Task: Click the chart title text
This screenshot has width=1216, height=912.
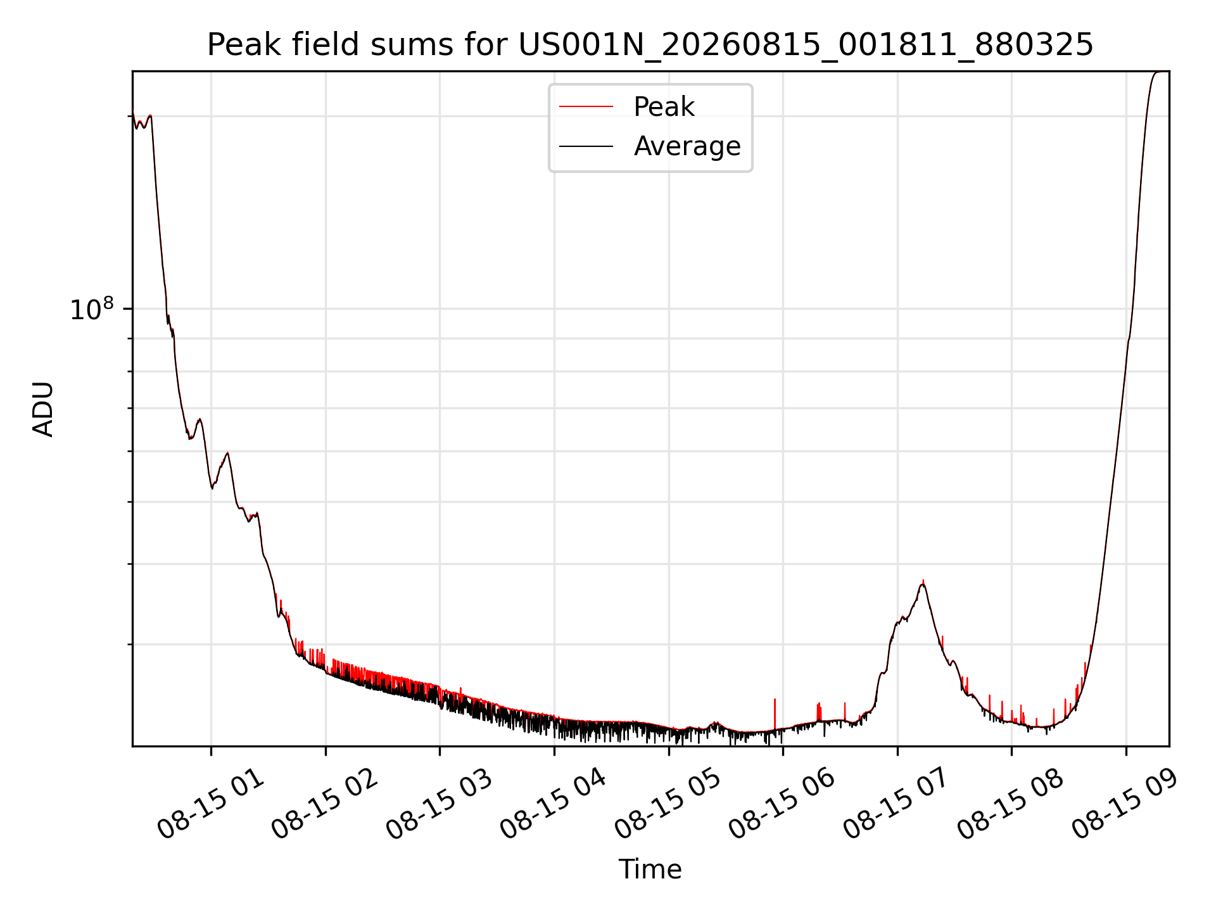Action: pyautogui.click(x=650, y=45)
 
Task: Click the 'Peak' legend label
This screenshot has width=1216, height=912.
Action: pyautogui.click(x=664, y=107)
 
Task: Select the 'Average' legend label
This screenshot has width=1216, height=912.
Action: pyautogui.click(x=687, y=146)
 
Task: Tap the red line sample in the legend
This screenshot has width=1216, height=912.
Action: pyautogui.click(x=586, y=107)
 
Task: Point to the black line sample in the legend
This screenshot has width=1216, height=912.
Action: pyautogui.click(x=586, y=146)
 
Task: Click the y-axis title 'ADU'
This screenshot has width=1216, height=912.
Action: pyautogui.click(x=43, y=409)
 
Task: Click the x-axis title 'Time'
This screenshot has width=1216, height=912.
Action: pyautogui.click(x=650, y=870)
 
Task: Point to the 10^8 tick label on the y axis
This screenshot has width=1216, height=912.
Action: pyautogui.click(x=92, y=309)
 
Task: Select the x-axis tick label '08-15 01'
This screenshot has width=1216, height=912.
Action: pyautogui.click(x=211, y=804)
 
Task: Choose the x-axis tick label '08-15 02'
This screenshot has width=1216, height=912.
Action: pyautogui.click(x=325, y=804)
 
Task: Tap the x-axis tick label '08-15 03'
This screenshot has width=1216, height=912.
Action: pyautogui.click(x=440, y=804)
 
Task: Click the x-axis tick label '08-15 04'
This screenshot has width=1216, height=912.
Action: pyautogui.click(x=554, y=804)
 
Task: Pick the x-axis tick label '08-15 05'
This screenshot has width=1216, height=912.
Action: pyautogui.click(x=668, y=804)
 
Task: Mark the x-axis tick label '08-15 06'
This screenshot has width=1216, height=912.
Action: pyautogui.click(x=782, y=804)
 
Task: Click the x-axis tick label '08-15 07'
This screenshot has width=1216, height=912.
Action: pyautogui.click(x=897, y=804)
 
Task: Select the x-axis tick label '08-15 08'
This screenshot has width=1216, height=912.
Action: pyautogui.click(x=1011, y=804)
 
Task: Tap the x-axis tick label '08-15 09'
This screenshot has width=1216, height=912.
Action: pyautogui.click(x=1125, y=804)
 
